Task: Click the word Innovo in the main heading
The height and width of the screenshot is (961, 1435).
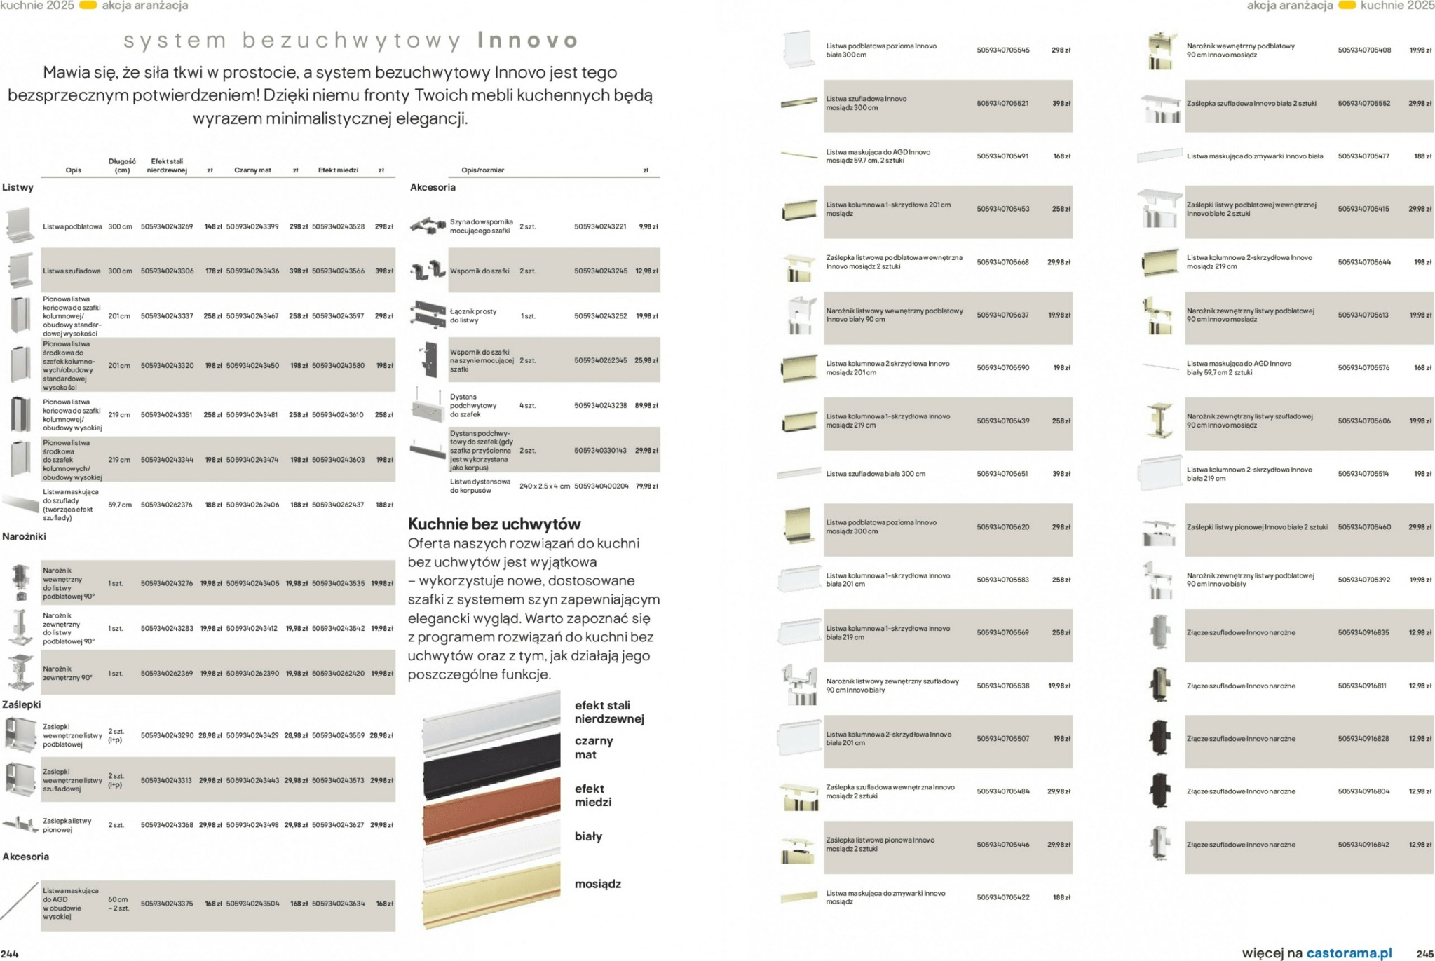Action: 528,41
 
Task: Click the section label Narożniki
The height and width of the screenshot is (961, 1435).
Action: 24,536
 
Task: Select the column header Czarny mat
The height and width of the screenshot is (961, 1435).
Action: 252,170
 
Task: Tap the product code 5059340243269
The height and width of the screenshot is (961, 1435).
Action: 167,226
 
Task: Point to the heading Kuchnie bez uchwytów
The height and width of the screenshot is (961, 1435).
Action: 494,524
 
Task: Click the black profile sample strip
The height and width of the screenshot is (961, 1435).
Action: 491,764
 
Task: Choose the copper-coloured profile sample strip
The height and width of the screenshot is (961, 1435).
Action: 491,806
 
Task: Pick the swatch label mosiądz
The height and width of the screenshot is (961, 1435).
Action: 597,884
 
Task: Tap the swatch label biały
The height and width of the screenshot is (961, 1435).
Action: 588,836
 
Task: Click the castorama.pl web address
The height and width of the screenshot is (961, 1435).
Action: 1349,953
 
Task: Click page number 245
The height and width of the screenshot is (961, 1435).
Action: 1424,953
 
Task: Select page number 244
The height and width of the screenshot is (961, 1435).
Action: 10,954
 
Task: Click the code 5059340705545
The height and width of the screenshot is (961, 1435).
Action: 1002,50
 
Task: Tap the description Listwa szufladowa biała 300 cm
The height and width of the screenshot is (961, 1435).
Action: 876,474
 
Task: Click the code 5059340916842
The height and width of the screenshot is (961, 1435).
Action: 1363,845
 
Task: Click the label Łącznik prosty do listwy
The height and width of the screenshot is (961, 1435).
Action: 473,315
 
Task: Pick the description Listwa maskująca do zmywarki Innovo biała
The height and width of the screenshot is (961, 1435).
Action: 1255,156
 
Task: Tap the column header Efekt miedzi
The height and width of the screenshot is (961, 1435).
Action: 338,170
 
